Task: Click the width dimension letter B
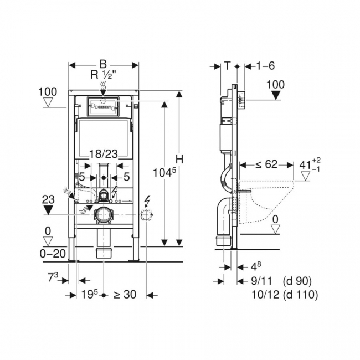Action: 103,64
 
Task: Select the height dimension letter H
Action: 179,159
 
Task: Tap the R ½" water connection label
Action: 103,75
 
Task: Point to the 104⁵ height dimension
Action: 164,172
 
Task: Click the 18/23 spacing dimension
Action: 104,154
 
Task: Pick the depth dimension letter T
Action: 227,66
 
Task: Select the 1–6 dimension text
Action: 265,66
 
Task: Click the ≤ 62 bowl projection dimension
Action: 266,164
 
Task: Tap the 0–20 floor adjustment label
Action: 53,254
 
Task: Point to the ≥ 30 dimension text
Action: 125,295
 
